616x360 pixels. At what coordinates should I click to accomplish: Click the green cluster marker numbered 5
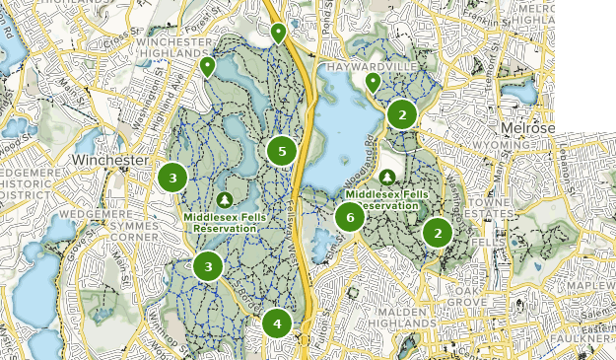[282, 151]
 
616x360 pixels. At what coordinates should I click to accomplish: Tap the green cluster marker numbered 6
[349, 217]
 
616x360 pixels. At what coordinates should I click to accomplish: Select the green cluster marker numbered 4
[277, 324]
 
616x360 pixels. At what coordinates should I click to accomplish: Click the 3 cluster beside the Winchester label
[172, 178]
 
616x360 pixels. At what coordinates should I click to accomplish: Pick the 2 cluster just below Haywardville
[401, 114]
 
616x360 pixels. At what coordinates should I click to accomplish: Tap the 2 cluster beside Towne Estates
[437, 233]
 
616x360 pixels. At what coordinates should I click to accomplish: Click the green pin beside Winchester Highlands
[207, 67]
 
